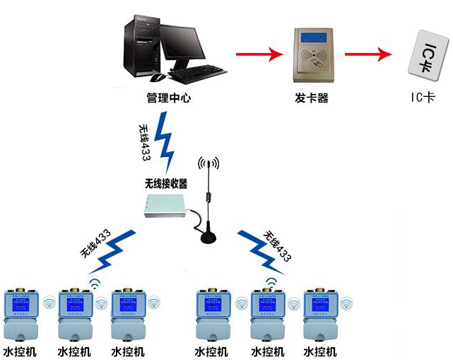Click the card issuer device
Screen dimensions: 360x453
(x=311, y=54)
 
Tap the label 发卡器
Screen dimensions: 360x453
(x=311, y=98)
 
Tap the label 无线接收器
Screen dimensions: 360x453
(x=166, y=183)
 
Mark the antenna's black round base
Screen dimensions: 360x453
(x=208, y=237)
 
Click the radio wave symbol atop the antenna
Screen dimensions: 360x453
(x=208, y=165)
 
